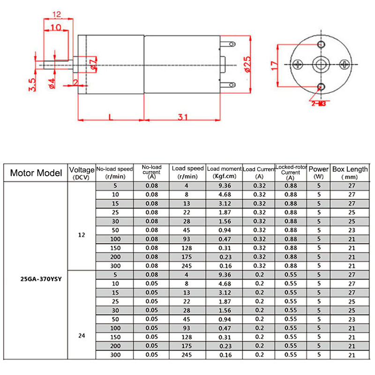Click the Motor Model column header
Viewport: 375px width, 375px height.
click(x=36, y=172)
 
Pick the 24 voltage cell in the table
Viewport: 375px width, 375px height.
click(x=81, y=336)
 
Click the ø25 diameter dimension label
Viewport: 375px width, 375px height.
click(x=247, y=64)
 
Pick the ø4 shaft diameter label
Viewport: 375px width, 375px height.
click(x=52, y=82)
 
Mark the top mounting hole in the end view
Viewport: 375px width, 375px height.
click(x=321, y=44)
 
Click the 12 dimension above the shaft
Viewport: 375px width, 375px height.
click(x=57, y=13)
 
